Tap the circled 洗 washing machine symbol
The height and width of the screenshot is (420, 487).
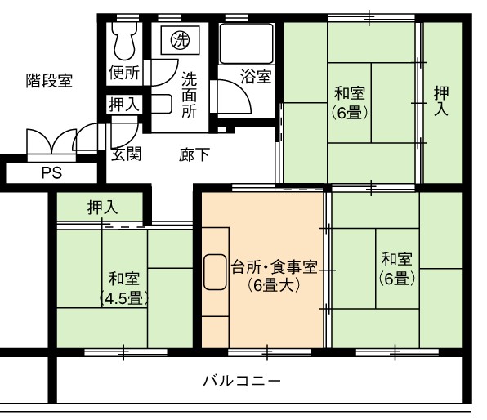coord(181,40)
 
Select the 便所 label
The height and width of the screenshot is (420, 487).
coord(124,73)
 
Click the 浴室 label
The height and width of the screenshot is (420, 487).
coord(257,77)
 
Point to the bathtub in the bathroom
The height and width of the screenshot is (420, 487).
coord(247,43)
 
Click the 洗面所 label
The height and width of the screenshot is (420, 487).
coord(189,95)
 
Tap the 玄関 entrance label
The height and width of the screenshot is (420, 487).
coord(127,154)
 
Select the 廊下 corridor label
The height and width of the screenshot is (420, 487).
coord(194,154)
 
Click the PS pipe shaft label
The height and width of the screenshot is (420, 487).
coord(51,172)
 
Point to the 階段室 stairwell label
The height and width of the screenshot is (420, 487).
coord(49,80)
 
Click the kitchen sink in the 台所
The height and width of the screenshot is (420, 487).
coord(215,272)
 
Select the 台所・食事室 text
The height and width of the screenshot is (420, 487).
coord(275,267)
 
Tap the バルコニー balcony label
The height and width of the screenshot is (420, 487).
coord(242,381)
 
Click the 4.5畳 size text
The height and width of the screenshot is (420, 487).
coord(124,299)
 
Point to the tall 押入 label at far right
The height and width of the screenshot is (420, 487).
coord(441,101)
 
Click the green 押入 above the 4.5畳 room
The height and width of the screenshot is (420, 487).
coord(103,208)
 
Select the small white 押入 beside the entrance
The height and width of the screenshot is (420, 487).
coord(124,104)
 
